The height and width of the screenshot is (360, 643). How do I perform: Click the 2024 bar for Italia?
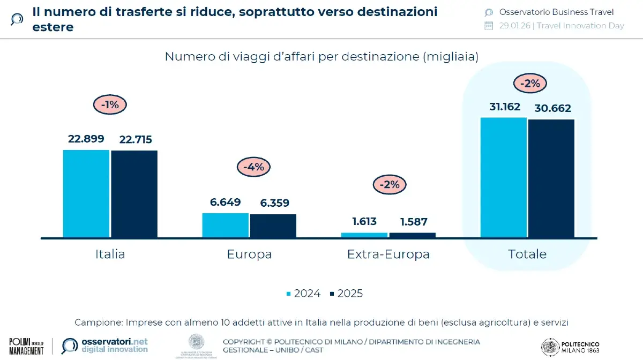pos(86,193)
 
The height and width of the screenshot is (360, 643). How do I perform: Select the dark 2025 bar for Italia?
pos(134,194)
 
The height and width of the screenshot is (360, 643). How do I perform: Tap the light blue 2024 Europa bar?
pos(225,225)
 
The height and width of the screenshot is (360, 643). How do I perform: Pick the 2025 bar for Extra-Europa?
pos(412,235)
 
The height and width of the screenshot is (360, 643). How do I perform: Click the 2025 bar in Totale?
pos(551,178)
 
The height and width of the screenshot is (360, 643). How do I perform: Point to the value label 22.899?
pos(86,139)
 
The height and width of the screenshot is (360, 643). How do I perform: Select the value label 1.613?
pos(364,221)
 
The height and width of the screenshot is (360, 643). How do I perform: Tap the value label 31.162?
pos(504,107)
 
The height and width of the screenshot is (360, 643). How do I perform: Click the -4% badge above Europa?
pos(253,167)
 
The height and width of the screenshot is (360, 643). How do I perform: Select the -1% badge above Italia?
pos(110,105)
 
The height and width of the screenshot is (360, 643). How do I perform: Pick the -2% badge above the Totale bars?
pos(530,84)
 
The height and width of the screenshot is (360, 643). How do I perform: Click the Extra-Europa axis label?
pos(388,254)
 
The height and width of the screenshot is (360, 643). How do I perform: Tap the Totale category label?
pos(527,254)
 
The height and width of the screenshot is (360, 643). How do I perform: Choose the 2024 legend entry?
pos(304,294)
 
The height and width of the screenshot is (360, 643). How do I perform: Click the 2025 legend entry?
pos(347,294)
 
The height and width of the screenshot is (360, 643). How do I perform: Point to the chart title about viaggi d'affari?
pos(322,56)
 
